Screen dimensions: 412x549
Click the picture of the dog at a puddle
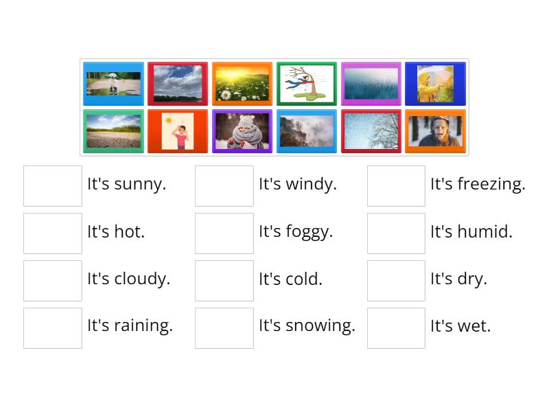click(113, 83)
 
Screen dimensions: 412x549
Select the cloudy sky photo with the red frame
click(178, 83)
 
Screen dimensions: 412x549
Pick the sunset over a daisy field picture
click(242, 83)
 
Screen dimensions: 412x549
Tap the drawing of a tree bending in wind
click(307, 83)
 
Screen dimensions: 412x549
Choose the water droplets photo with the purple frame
click(371, 83)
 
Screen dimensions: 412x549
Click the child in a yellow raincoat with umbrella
click(435, 83)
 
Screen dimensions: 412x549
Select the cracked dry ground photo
click(113, 131)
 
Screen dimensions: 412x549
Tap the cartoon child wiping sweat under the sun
click(178, 131)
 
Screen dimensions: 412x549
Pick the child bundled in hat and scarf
click(242, 131)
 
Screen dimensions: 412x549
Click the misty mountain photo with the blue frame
click(307, 131)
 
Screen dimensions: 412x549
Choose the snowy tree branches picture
click(371, 131)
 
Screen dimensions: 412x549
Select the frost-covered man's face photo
click(435, 131)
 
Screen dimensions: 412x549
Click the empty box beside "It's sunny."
click(53, 185)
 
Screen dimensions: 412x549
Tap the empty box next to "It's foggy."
click(224, 233)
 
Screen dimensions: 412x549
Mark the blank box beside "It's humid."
click(396, 233)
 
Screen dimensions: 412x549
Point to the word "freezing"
click(491, 185)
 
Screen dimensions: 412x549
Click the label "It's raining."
click(130, 325)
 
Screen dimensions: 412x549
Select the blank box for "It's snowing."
click(224, 328)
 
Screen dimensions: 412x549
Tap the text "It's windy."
click(298, 184)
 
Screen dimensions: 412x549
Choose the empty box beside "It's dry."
click(396, 280)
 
